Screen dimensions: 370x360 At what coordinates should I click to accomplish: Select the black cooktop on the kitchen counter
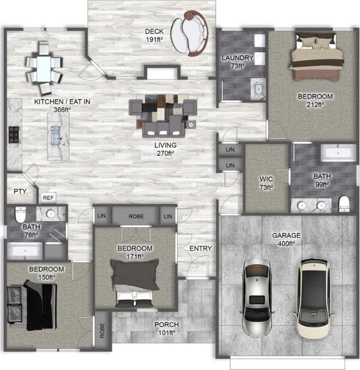tap(13, 135)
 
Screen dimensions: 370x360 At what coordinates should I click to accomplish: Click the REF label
tap(48, 198)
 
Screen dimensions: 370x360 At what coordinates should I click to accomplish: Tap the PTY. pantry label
tap(20, 192)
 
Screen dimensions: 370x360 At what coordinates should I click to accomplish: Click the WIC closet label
tap(266, 179)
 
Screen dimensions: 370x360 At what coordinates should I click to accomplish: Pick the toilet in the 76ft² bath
tap(20, 214)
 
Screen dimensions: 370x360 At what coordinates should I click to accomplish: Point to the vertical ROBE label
tap(102, 330)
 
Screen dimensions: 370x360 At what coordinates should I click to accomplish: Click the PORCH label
tap(166, 325)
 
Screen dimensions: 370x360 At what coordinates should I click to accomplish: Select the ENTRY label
tap(200, 248)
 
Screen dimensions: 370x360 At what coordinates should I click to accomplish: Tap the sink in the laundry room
tap(259, 89)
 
